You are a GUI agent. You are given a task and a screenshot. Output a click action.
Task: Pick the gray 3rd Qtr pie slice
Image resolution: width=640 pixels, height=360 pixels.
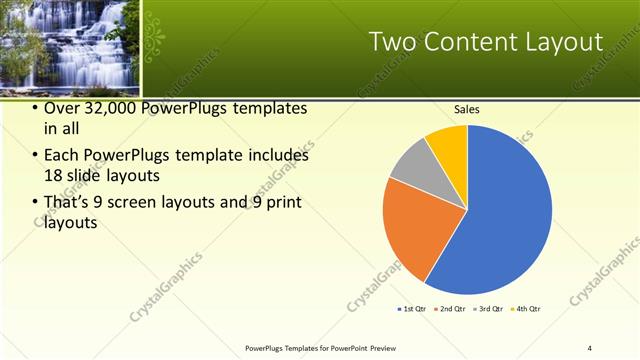click(x=412, y=165)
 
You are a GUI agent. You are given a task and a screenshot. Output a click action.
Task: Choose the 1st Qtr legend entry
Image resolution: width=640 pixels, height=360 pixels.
click(x=412, y=309)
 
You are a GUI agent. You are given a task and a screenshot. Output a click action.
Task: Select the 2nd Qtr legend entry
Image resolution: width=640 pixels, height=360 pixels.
click(x=452, y=309)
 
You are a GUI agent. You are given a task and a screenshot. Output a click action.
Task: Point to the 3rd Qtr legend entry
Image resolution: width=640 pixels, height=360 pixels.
click(x=489, y=309)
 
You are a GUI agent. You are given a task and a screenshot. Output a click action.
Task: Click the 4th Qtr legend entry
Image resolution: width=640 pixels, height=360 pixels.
click(x=526, y=309)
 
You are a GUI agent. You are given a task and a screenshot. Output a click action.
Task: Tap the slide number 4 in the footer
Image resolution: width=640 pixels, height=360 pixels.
click(x=590, y=348)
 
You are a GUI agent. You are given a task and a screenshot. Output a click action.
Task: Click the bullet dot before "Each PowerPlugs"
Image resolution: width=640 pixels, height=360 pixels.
click(x=35, y=156)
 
